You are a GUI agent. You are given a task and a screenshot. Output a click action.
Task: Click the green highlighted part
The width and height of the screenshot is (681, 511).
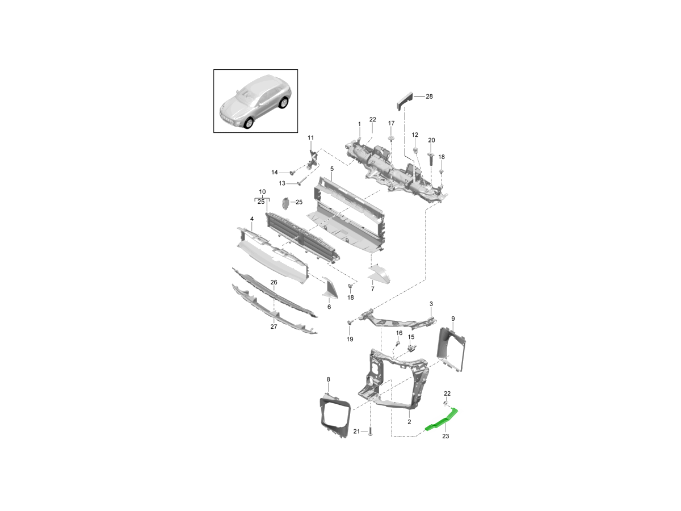[442, 421]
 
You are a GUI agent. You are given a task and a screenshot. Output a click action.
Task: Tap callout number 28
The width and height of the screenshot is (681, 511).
[429, 97]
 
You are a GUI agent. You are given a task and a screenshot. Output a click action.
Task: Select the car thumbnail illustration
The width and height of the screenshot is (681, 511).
[255, 101]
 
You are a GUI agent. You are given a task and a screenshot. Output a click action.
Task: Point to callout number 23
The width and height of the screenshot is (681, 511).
[445, 436]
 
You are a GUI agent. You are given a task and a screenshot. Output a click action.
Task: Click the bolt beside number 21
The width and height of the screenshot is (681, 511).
[370, 433]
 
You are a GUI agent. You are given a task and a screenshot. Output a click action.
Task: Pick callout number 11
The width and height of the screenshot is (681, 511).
[310, 137]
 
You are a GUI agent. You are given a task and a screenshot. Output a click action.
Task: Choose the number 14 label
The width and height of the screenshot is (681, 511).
[275, 172]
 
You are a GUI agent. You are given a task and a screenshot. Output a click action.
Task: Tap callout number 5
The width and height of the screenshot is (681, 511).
[331, 169]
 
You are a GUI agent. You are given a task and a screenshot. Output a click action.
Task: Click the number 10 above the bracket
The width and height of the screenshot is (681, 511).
[262, 191]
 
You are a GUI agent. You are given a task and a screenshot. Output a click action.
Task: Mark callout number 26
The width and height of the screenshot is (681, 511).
[274, 282]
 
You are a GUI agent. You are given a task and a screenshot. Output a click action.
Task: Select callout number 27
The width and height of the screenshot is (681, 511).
[274, 326]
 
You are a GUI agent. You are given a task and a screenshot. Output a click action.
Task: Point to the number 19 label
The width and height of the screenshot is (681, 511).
[350, 339]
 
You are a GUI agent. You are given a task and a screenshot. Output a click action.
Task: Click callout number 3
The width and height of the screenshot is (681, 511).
[431, 304]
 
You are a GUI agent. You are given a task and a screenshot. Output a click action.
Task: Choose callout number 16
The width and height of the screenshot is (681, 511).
[399, 333]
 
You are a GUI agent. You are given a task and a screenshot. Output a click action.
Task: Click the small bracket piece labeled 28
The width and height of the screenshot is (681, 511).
[403, 101]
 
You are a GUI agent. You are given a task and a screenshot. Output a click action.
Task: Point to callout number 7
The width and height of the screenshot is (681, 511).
[373, 289]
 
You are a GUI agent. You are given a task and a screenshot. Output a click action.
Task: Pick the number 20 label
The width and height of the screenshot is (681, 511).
[431, 140]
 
